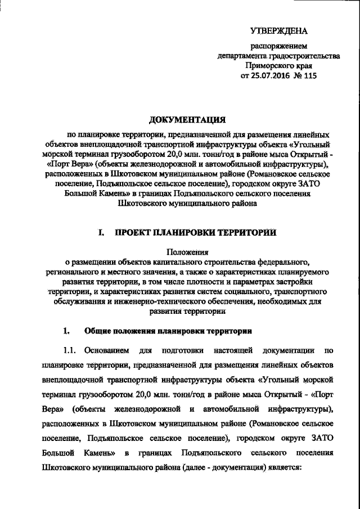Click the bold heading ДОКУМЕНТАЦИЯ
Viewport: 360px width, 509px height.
coord(187,119)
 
